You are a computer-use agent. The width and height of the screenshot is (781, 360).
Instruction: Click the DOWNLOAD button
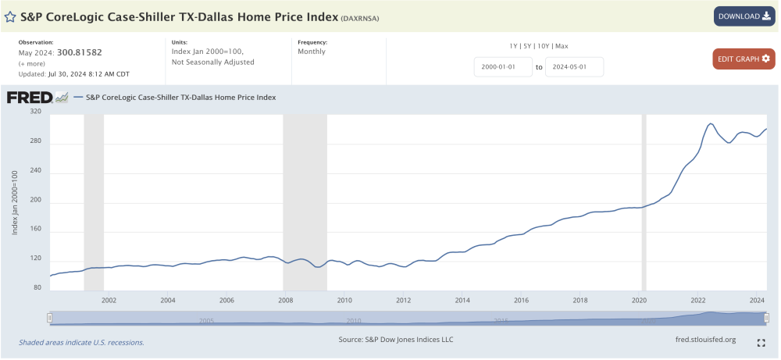coord(744,16)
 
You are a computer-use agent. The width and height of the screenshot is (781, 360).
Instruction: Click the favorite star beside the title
coord(11,16)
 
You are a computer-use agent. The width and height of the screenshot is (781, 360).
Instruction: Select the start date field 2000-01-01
coord(502,67)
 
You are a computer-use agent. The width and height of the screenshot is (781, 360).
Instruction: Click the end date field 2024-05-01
coord(574,67)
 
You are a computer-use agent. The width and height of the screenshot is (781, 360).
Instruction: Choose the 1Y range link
coord(514,46)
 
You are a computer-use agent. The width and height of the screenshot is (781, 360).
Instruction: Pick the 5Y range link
coord(527,46)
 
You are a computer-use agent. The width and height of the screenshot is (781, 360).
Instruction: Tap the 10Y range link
coord(543,46)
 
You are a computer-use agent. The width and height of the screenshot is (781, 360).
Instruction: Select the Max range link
coord(562,46)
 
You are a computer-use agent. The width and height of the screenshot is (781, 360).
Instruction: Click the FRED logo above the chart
coord(36,98)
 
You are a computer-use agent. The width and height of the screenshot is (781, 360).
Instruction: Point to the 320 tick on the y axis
coord(35,112)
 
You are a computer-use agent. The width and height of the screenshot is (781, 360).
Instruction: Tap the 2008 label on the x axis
coord(285,300)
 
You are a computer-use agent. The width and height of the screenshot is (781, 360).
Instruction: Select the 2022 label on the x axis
coord(698,300)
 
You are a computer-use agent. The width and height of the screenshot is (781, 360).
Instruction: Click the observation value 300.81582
coord(80,52)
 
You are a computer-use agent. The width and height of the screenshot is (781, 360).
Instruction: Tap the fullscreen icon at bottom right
coord(761,343)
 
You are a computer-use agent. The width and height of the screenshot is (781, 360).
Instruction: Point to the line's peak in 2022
coord(710,123)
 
